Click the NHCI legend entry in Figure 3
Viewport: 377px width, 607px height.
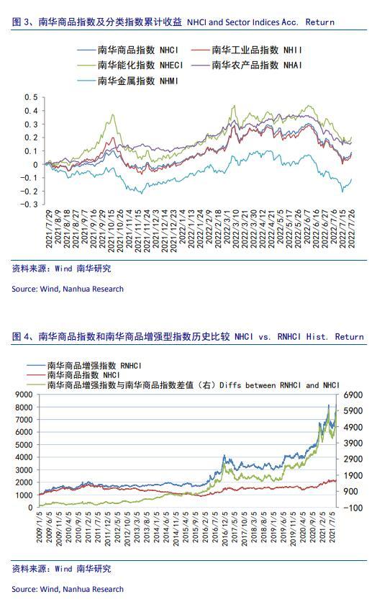click(128, 50)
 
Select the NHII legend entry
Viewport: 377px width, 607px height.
click(247, 50)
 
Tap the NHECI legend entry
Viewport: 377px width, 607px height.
click(130, 65)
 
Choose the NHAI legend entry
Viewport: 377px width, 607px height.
click(247, 65)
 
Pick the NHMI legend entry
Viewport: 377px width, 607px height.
click(128, 81)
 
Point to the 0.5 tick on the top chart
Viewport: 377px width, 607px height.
click(32, 97)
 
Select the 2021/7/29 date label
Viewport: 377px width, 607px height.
click(49, 229)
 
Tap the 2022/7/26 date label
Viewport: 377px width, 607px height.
click(352, 229)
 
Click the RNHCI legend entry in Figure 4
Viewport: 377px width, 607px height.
click(84, 366)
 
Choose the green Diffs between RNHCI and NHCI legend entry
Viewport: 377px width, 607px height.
click(183, 385)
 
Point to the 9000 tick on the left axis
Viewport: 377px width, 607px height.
click(24, 395)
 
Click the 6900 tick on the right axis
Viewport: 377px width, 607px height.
click(353, 395)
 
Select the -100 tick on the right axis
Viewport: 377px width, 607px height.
click(353, 508)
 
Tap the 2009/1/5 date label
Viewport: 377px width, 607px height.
click(40, 526)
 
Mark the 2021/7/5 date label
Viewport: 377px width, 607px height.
click(332, 526)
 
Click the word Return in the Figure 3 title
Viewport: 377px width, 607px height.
click(319, 22)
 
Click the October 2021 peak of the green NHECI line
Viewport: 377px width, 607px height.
click(113, 114)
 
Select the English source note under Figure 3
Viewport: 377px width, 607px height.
click(68, 289)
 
